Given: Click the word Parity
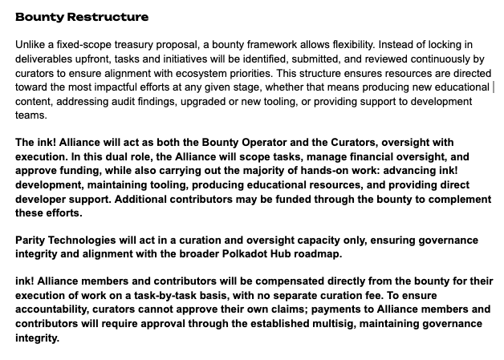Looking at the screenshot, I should click(x=33, y=241).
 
